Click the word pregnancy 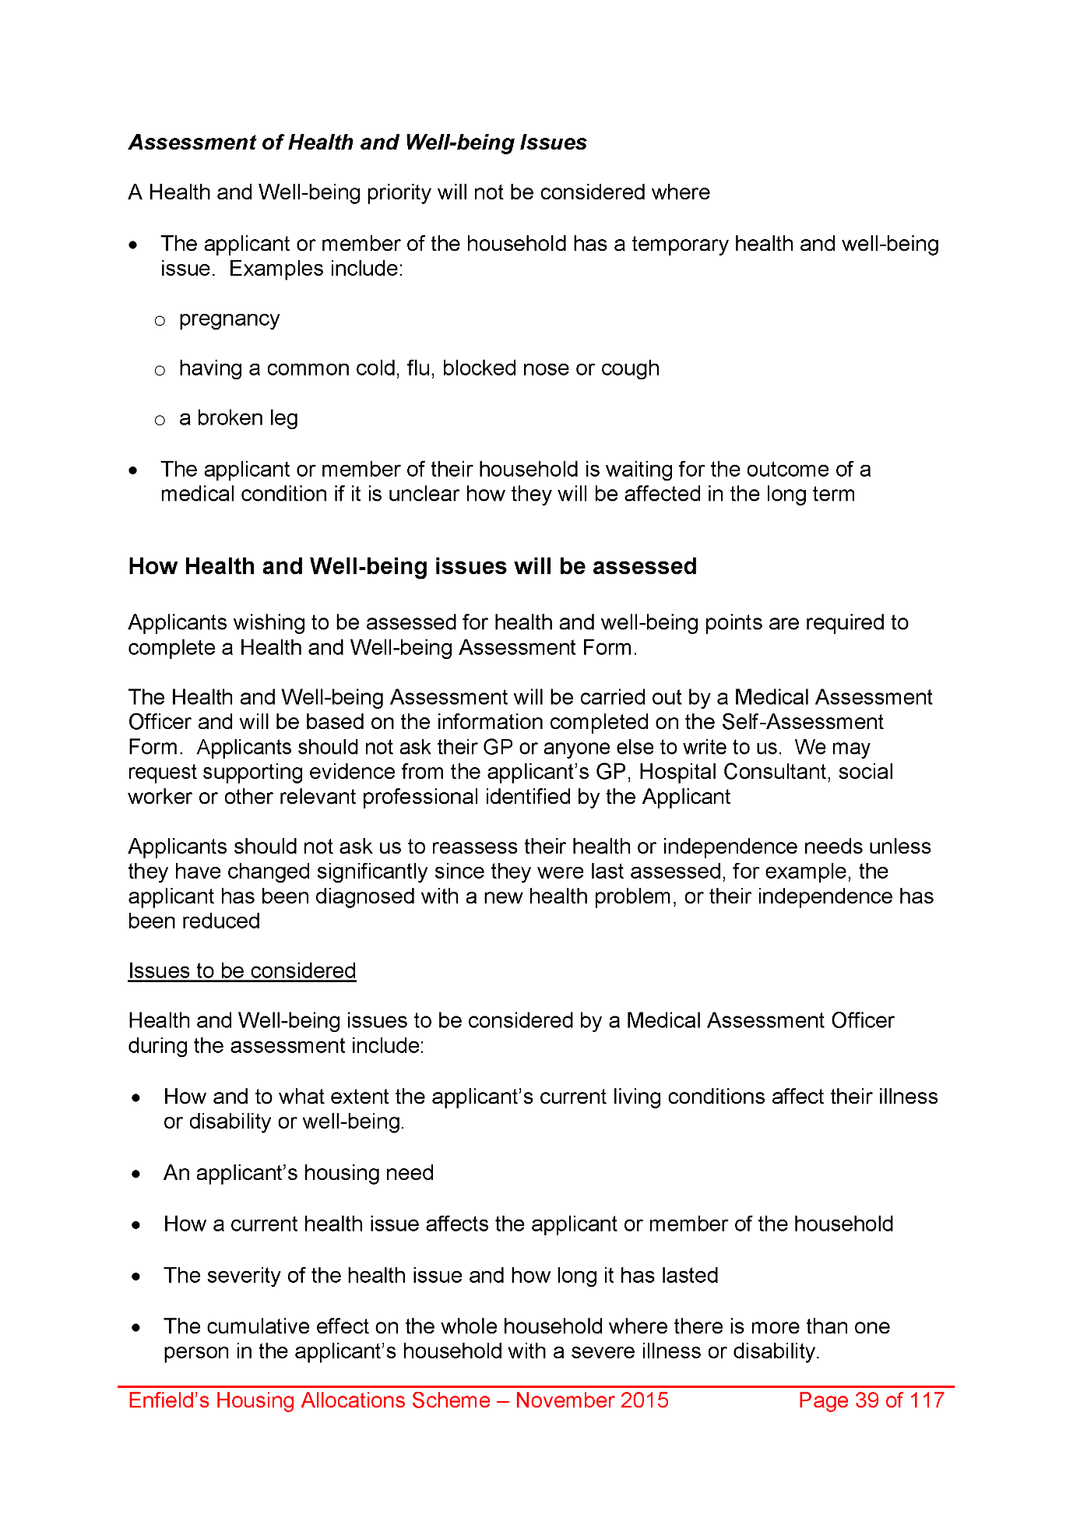[x=229, y=319]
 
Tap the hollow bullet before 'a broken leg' [x=160, y=421]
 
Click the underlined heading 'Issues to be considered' [x=242, y=971]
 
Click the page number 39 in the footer [x=867, y=1400]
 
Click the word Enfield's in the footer [x=168, y=1400]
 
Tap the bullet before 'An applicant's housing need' [x=137, y=1175]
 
